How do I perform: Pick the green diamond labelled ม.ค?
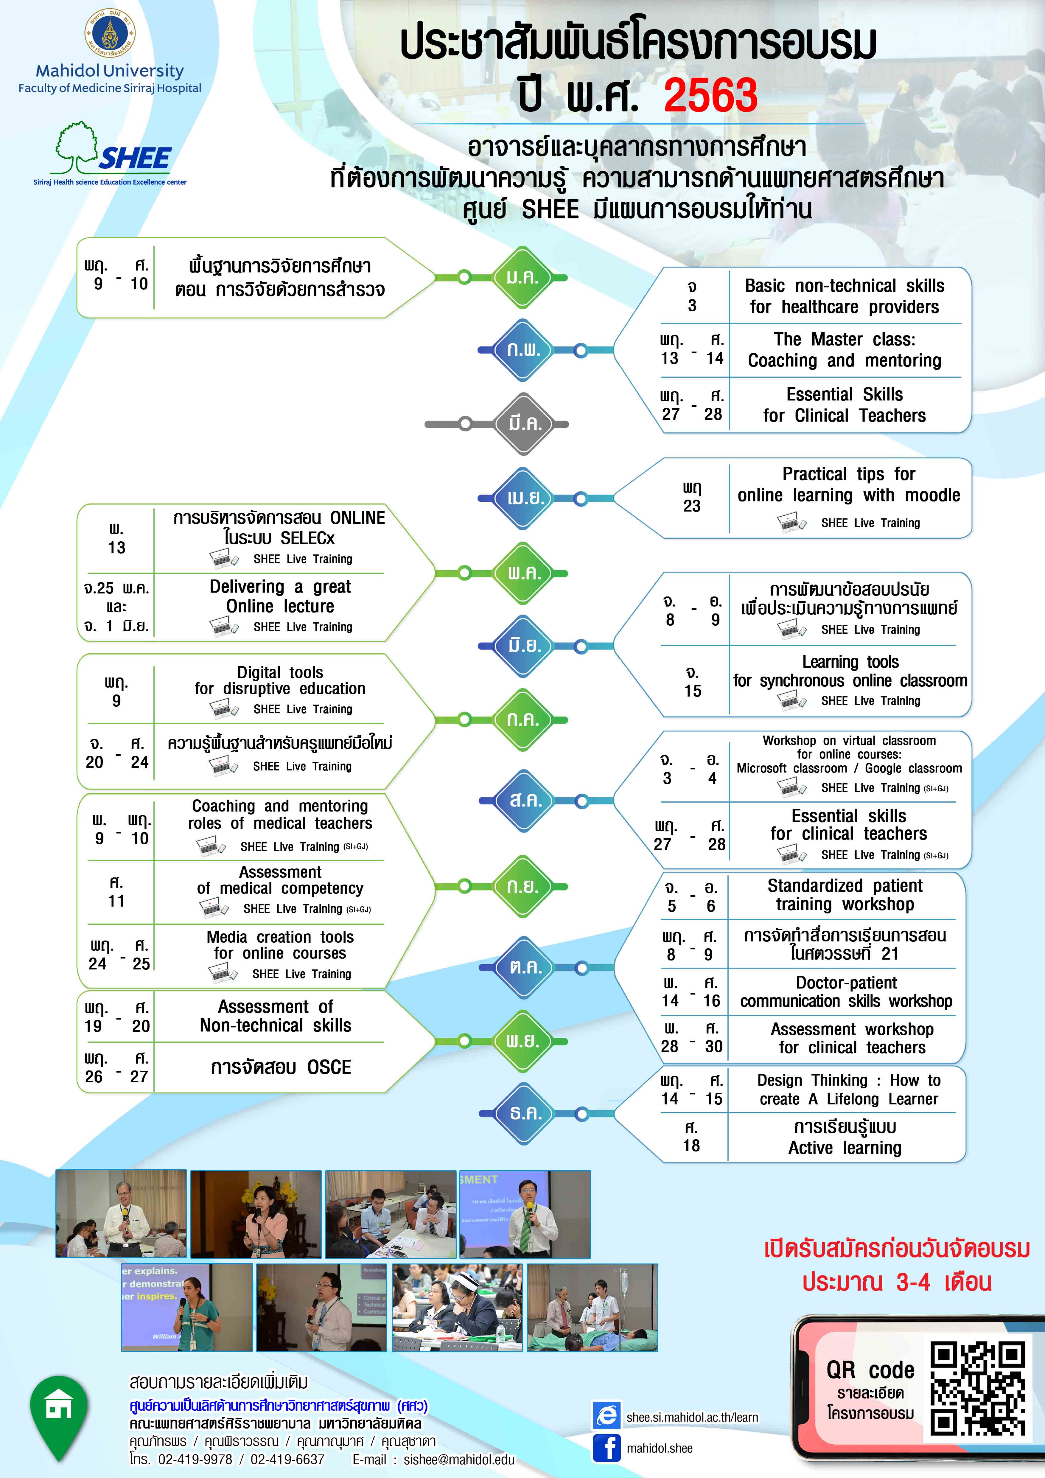[x=522, y=277]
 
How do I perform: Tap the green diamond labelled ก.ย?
[x=522, y=886]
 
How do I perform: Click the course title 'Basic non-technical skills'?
[x=844, y=286]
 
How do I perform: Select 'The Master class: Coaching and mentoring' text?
[x=844, y=349]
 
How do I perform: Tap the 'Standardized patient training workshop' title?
[x=845, y=895]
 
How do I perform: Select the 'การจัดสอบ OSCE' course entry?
[x=281, y=1067]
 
